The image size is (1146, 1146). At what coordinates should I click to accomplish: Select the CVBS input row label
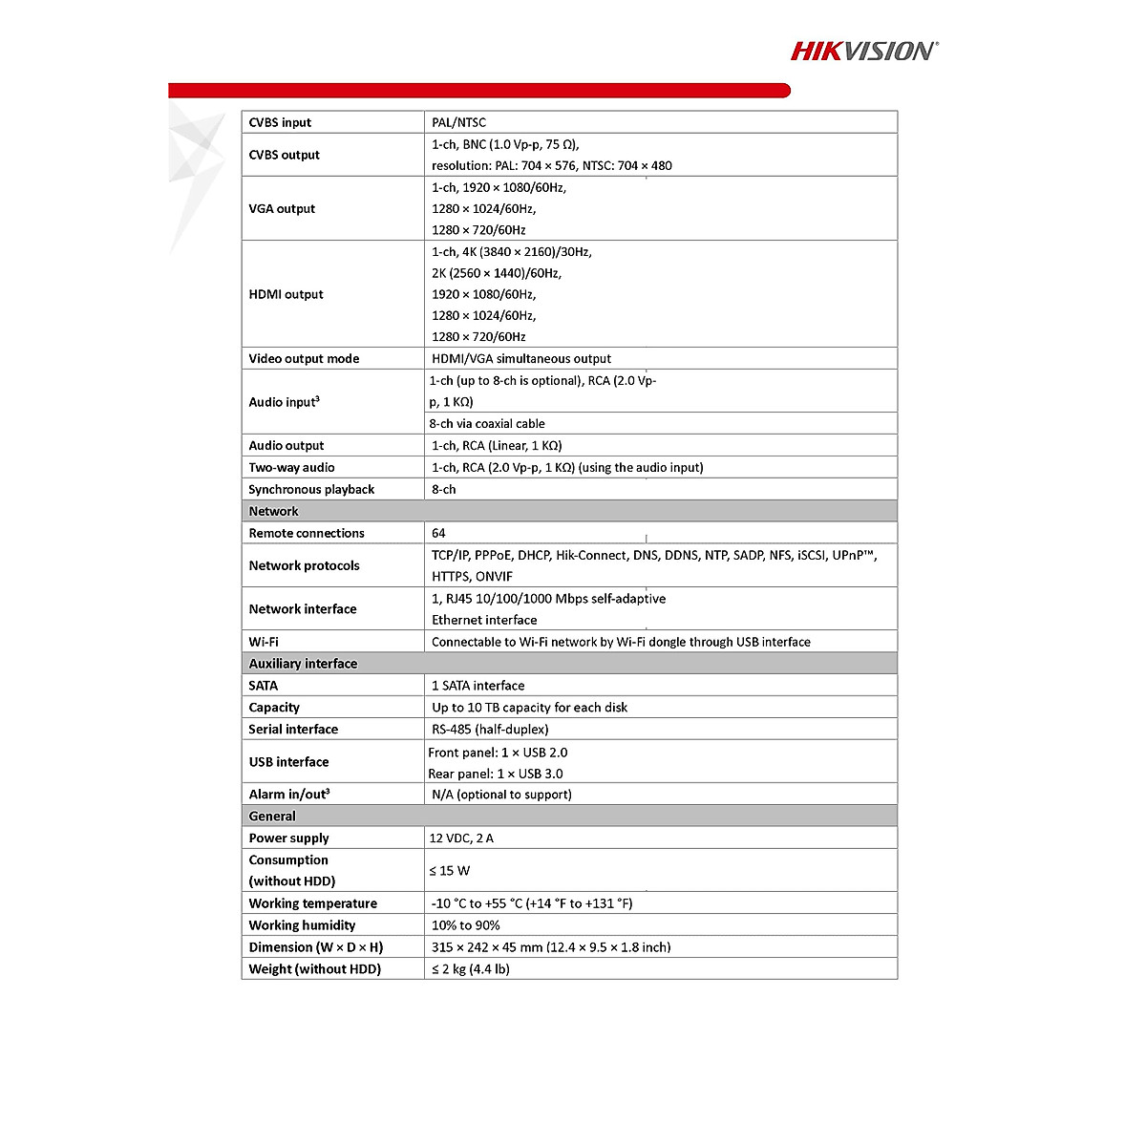coord(280,122)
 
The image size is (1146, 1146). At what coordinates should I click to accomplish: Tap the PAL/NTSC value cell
coord(458,122)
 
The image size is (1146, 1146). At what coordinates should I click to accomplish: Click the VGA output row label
coord(282,208)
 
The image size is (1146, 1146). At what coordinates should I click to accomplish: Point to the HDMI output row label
coord(286,294)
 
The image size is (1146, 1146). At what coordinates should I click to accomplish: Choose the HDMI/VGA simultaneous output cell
coord(521,358)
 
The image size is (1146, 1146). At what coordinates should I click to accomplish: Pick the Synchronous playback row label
coord(311,489)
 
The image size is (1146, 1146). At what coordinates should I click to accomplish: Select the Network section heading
coord(273,511)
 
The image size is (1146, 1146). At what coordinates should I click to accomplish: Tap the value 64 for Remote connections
coord(438,533)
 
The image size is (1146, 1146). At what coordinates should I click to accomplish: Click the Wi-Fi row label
coord(264,642)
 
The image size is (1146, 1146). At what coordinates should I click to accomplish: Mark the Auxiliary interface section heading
coord(303,664)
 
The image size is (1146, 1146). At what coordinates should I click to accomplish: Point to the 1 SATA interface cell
coord(477,686)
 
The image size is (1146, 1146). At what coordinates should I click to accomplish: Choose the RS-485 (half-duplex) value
coord(490,729)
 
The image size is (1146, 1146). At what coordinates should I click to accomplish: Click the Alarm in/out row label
coord(289,795)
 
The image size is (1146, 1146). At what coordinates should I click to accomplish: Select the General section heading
coord(272,817)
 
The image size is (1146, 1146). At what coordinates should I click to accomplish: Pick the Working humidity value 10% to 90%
coord(465,925)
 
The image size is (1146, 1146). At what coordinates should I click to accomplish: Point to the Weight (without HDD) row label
coord(314,969)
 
